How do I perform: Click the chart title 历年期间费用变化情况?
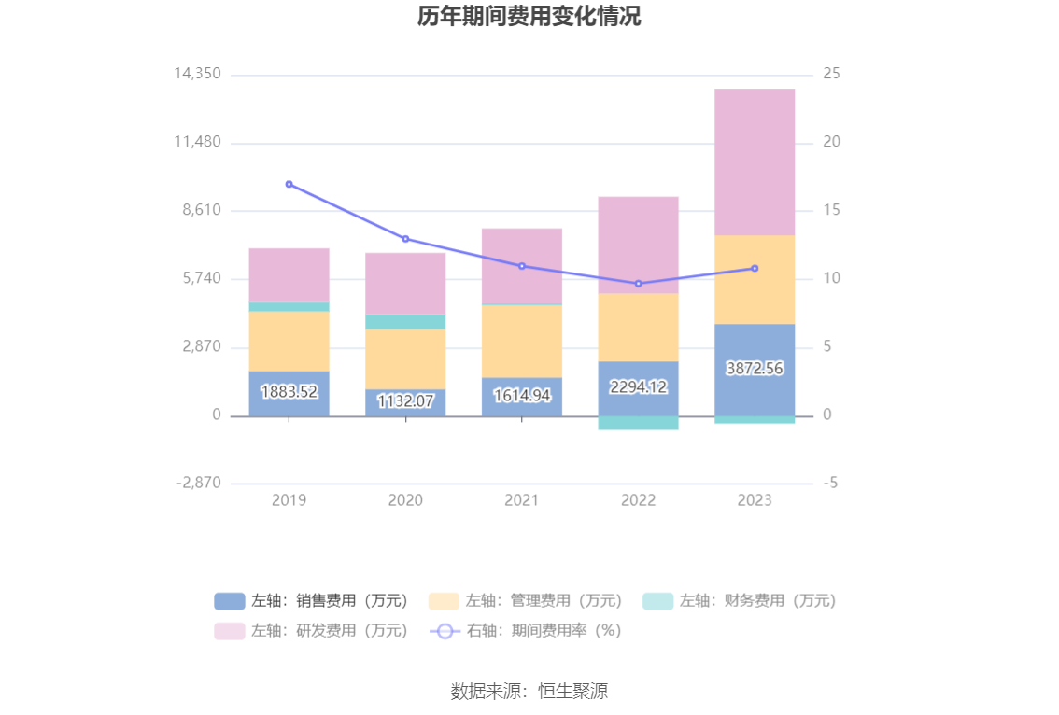tap(529, 17)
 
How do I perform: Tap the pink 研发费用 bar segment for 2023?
tap(755, 161)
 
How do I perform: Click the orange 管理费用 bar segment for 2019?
tap(289, 341)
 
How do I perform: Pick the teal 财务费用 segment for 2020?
tap(405, 322)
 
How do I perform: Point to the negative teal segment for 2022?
tap(638, 423)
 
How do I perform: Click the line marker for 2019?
tap(289, 184)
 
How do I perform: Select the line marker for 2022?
tap(638, 284)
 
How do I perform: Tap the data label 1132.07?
tap(405, 401)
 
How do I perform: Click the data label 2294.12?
tap(638, 386)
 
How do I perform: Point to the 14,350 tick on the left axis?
tap(197, 74)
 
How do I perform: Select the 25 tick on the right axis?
tap(831, 74)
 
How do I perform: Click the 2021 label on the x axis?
tap(521, 500)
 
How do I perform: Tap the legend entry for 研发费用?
tap(312, 631)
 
